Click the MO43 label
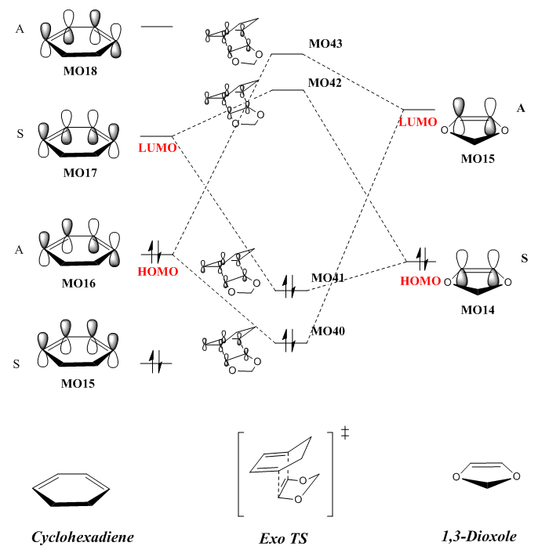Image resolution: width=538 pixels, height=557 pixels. (325, 43)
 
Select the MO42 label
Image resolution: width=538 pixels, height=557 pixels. (325, 82)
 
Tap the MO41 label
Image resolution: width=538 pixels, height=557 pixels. (328, 277)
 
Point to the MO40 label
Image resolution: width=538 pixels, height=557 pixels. (328, 331)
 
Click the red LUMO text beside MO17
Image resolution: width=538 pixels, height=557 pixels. (158, 148)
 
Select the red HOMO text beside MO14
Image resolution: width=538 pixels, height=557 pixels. (420, 280)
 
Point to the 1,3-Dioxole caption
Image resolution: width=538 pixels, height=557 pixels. (478, 537)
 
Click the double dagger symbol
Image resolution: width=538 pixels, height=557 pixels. (345, 433)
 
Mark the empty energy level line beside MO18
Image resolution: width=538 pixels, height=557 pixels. (157, 27)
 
